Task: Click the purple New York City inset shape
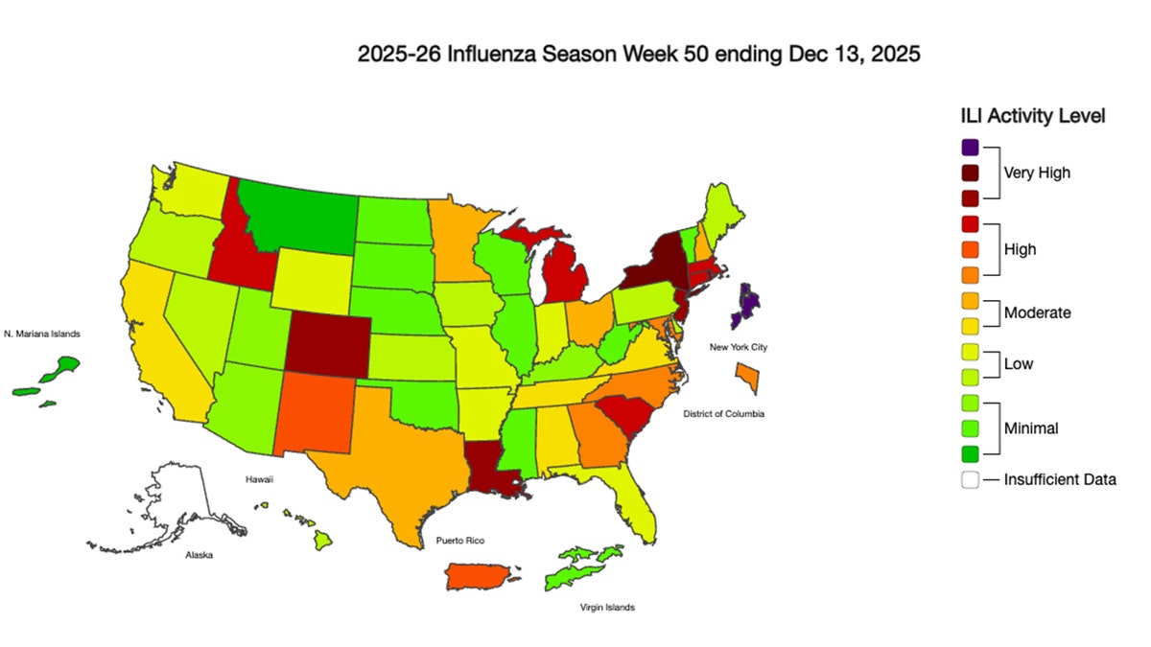746,306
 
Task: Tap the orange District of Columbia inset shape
749,378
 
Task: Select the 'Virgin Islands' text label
606,608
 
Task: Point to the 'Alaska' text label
200,555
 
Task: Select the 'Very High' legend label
1036,173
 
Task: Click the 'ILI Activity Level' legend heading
1033,116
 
